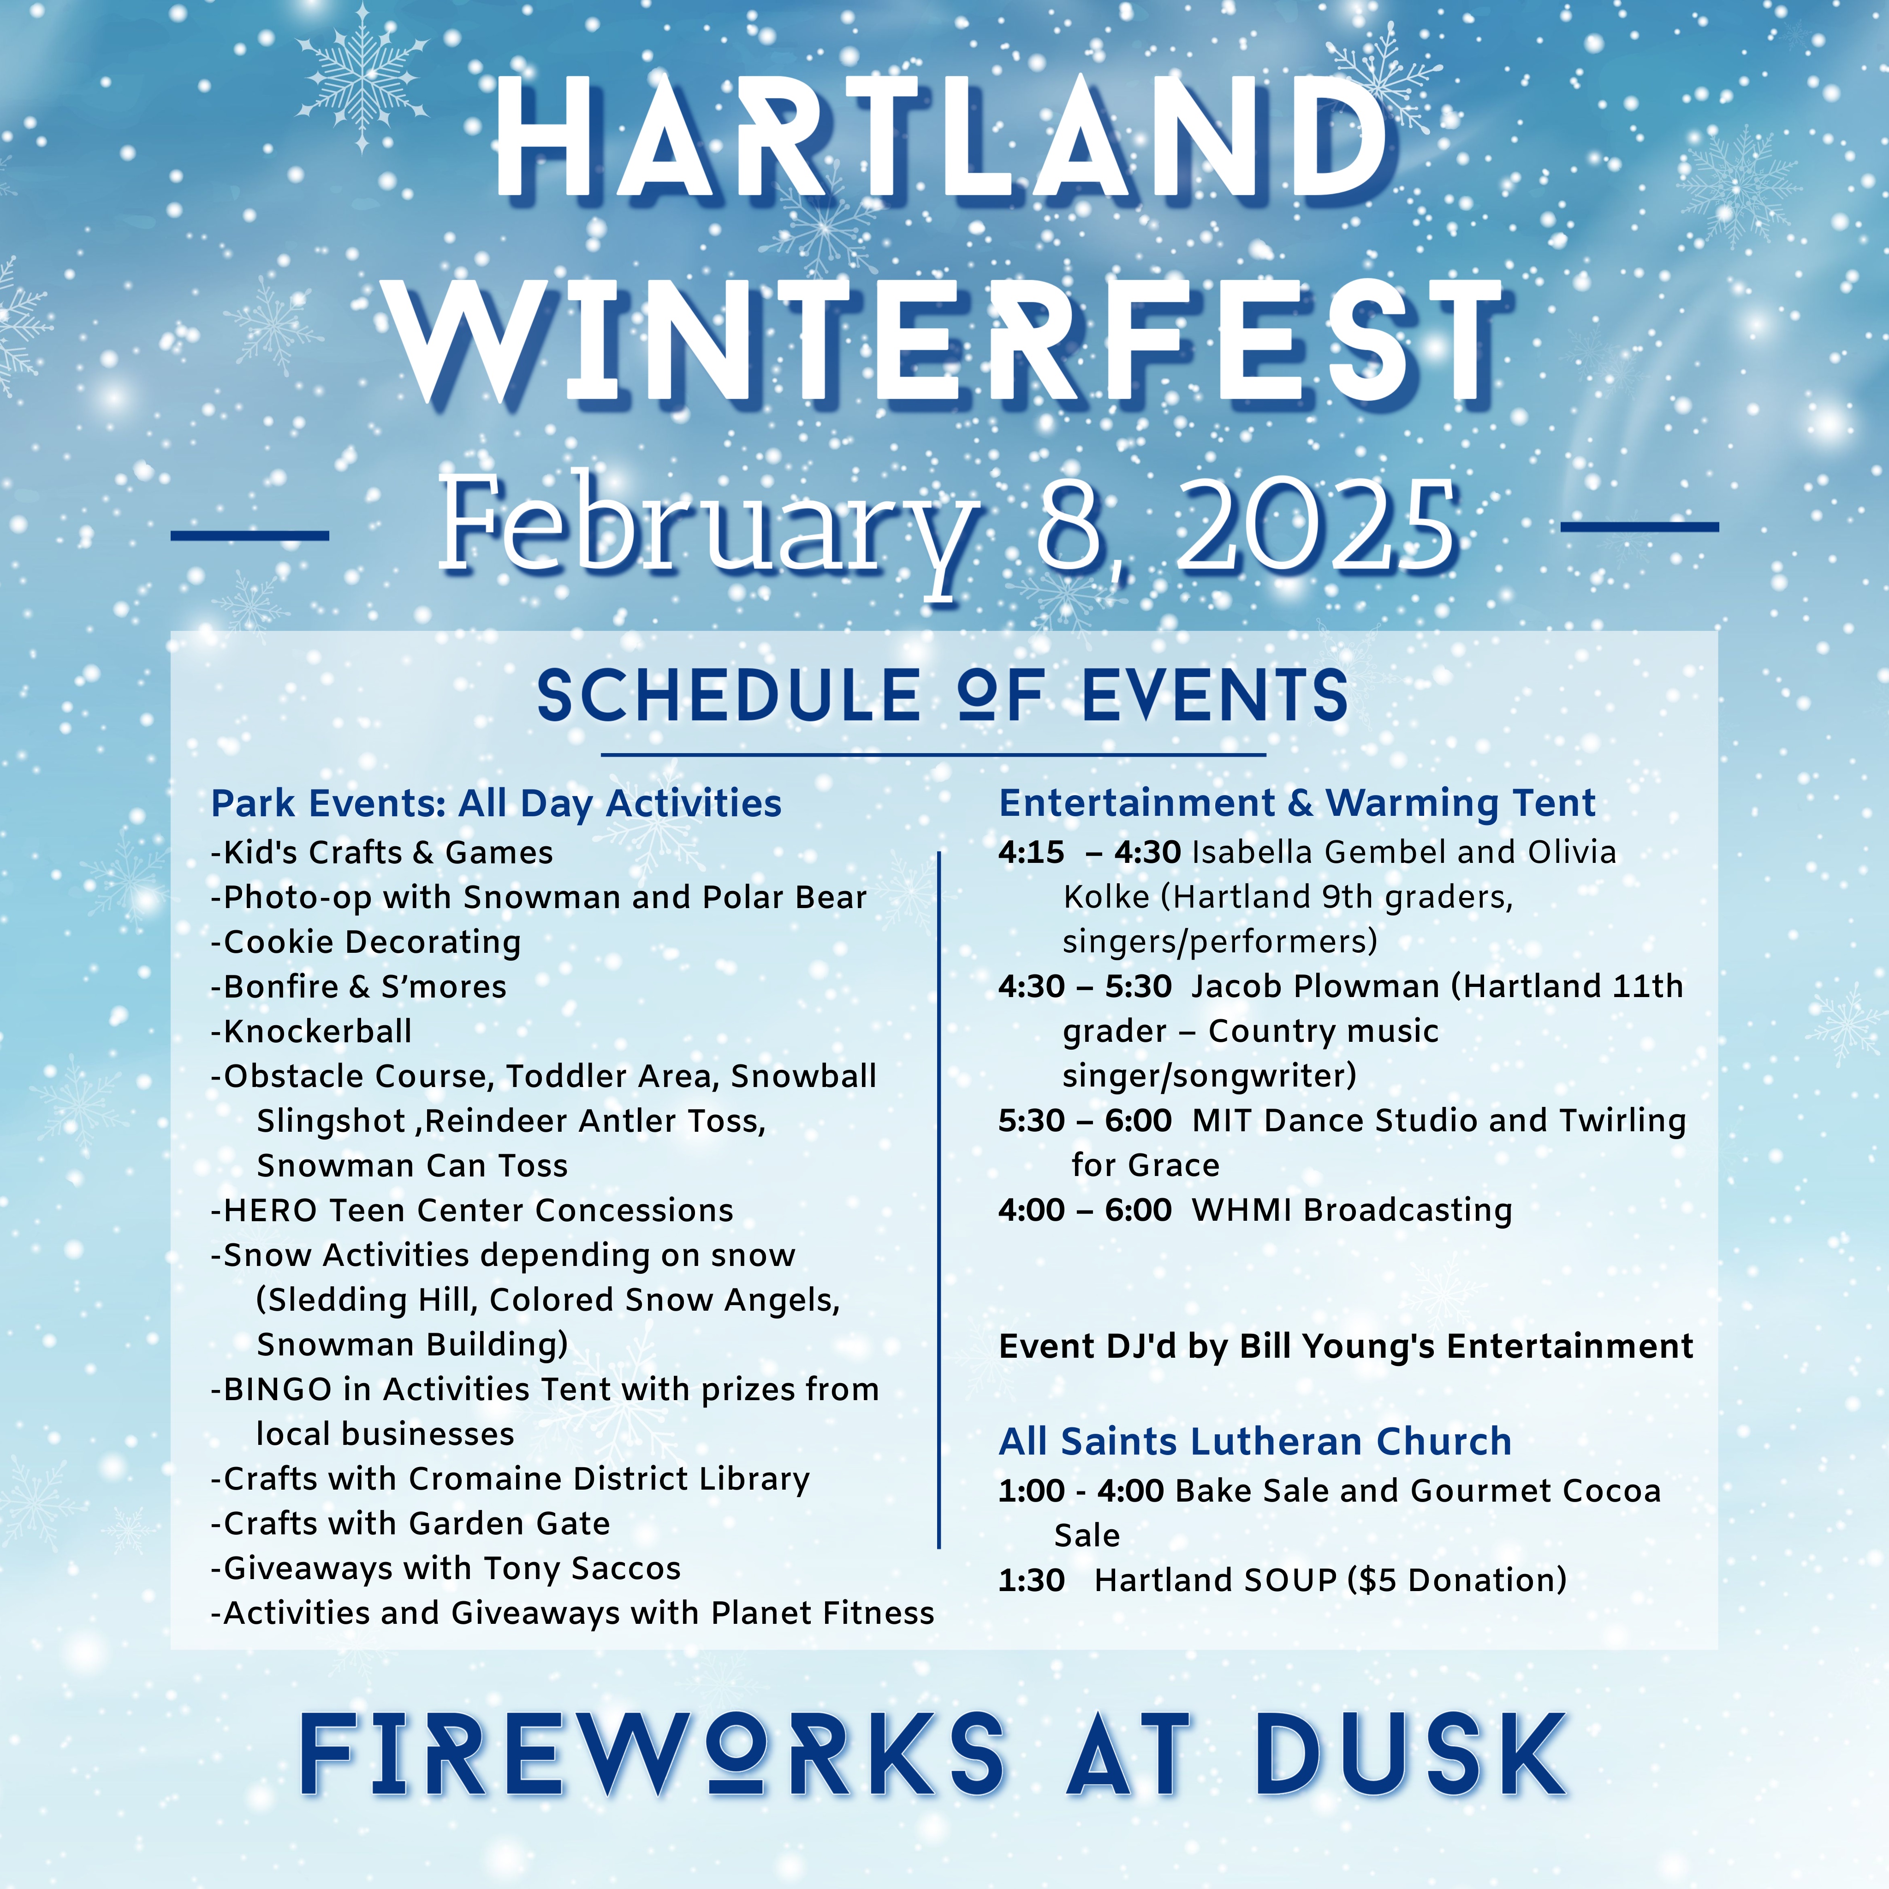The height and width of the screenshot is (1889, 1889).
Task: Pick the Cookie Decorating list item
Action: [366, 943]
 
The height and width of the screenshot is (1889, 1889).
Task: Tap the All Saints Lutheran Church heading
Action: [1254, 1441]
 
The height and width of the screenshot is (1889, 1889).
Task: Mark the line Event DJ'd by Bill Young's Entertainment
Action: [1345, 1346]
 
